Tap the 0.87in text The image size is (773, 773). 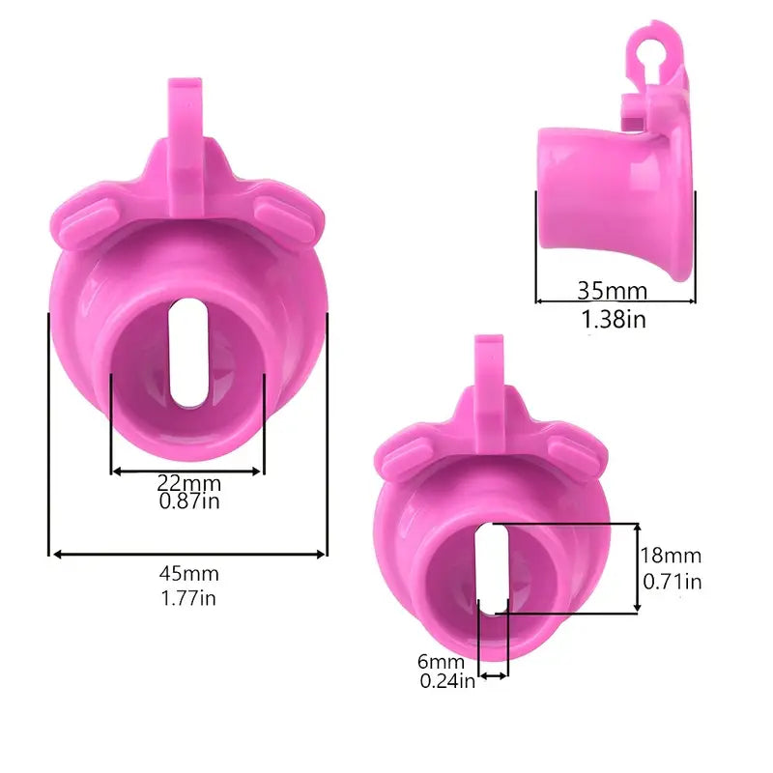[x=188, y=501]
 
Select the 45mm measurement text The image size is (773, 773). [x=188, y=575]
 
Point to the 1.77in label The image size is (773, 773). [x=188, y=598]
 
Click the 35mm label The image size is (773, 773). [x=613, y=289]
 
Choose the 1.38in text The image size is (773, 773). [x=615, y=319]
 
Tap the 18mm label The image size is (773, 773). [x=671, y=556]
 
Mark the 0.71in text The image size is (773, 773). [x=673, y=581]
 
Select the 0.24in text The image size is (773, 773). [x=446, y=681]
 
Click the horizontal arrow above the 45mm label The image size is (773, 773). [x=188, y=554]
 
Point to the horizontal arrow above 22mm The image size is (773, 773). [x=187, y=471]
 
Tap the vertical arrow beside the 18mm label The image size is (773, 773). [x=637, y=568]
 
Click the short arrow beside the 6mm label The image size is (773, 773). [x=493, y=676]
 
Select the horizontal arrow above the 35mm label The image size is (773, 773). [x=616, y=301]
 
